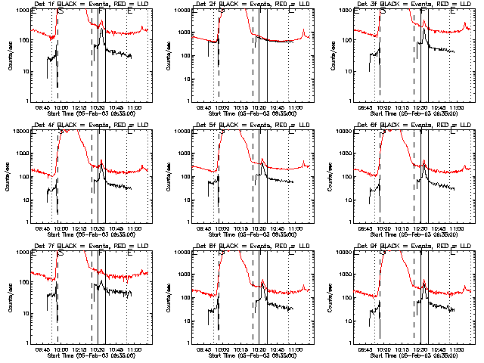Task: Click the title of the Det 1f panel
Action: pyautogui.click(x=84, y=4)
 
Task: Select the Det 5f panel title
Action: pyautogui.click(x=245, y=125)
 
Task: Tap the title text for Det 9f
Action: pyautogui.click(x=406, y=246)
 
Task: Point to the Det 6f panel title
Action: pyautogui.click(x=406, y=125)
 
